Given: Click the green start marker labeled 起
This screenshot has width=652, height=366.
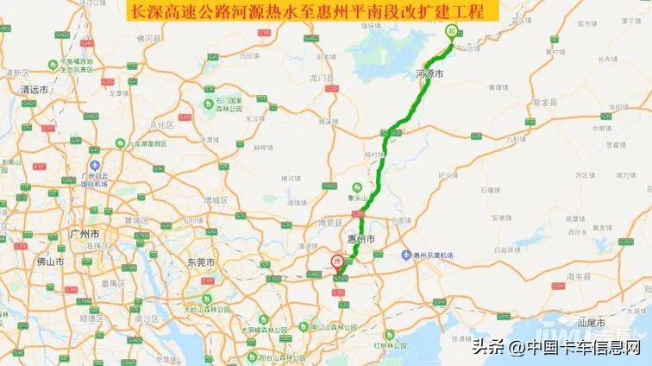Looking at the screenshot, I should pos(450,31).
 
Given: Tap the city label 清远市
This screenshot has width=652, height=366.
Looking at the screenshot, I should pos(36,89).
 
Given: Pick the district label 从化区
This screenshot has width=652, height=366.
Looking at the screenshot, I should pos(160,124).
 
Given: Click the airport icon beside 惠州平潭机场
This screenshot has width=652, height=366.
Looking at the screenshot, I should pos(406,256).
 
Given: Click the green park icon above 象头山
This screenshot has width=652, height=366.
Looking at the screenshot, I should pos(355,186).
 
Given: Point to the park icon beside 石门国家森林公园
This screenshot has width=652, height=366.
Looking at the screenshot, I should pos(208,104).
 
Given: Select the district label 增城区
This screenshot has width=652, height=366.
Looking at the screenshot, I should pos(215,199).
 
